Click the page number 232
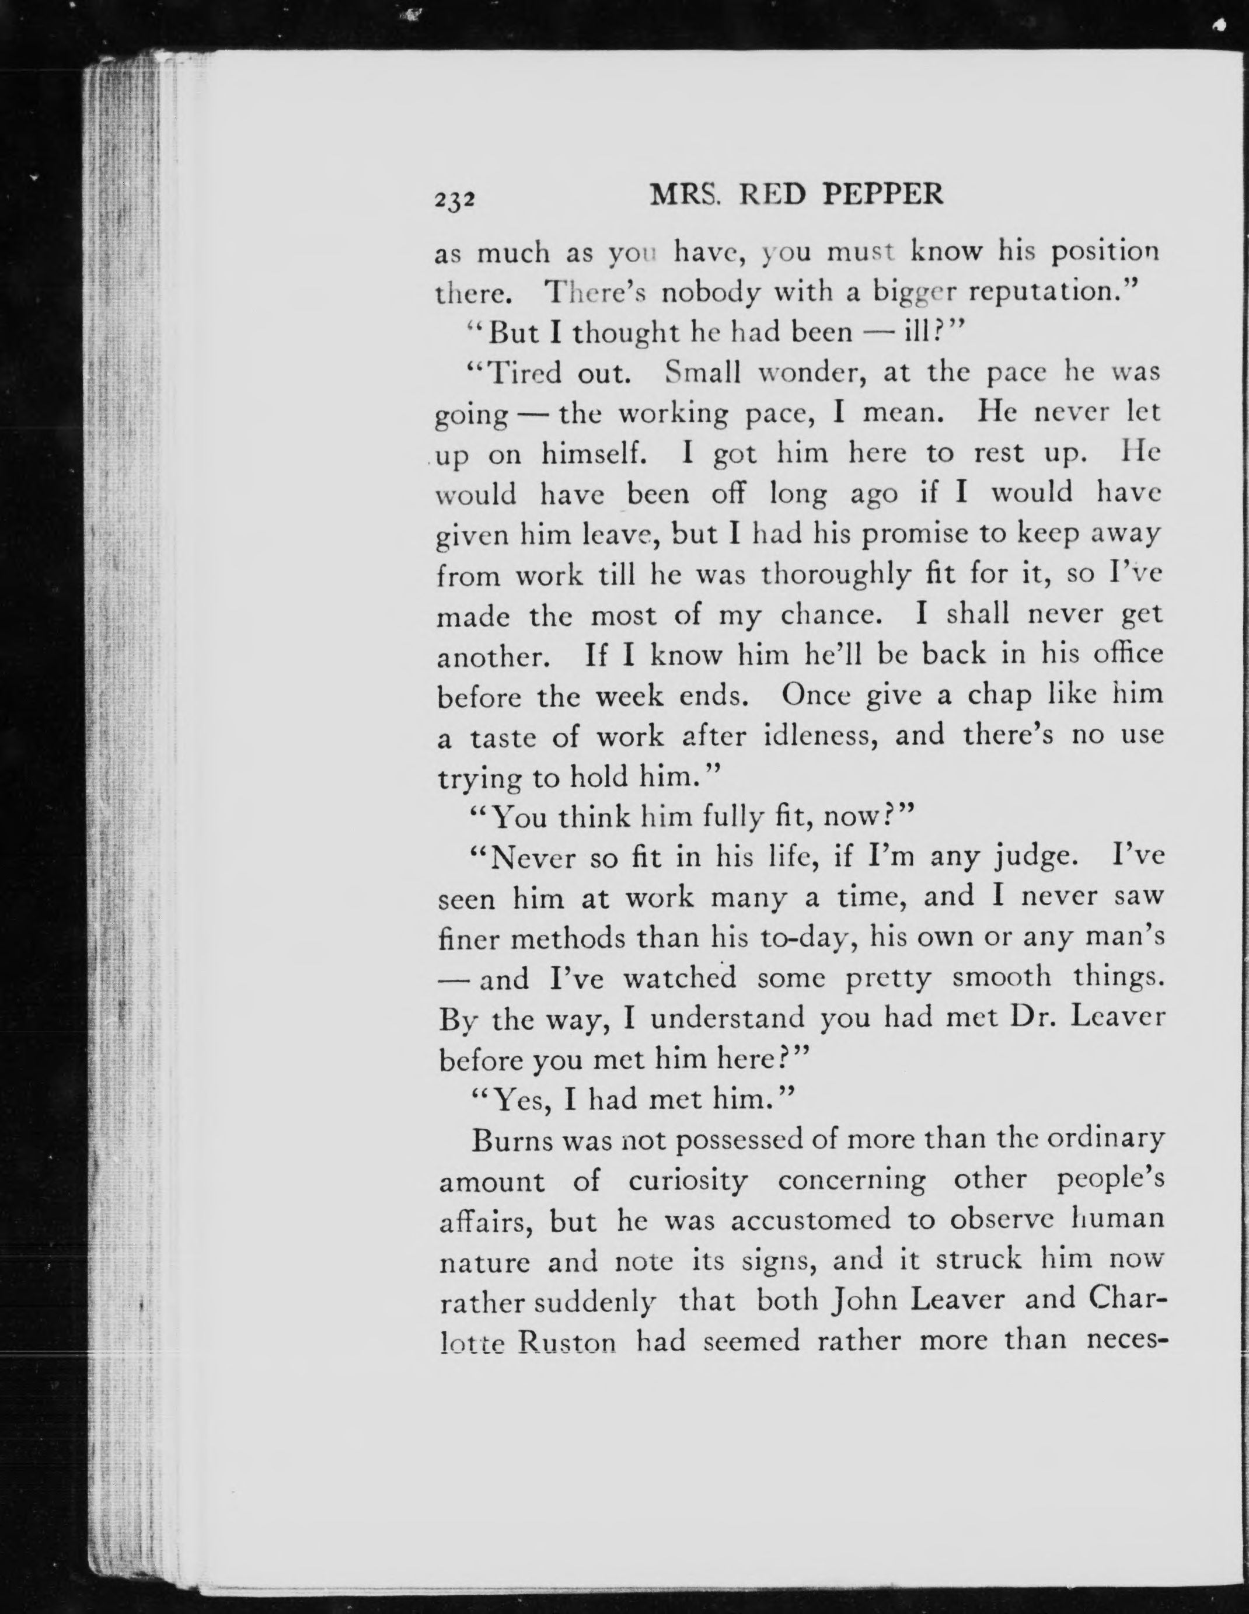click(x=453, y=200)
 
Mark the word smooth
click(x=1001, y=978)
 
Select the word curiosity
click(x=688, y=1181)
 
